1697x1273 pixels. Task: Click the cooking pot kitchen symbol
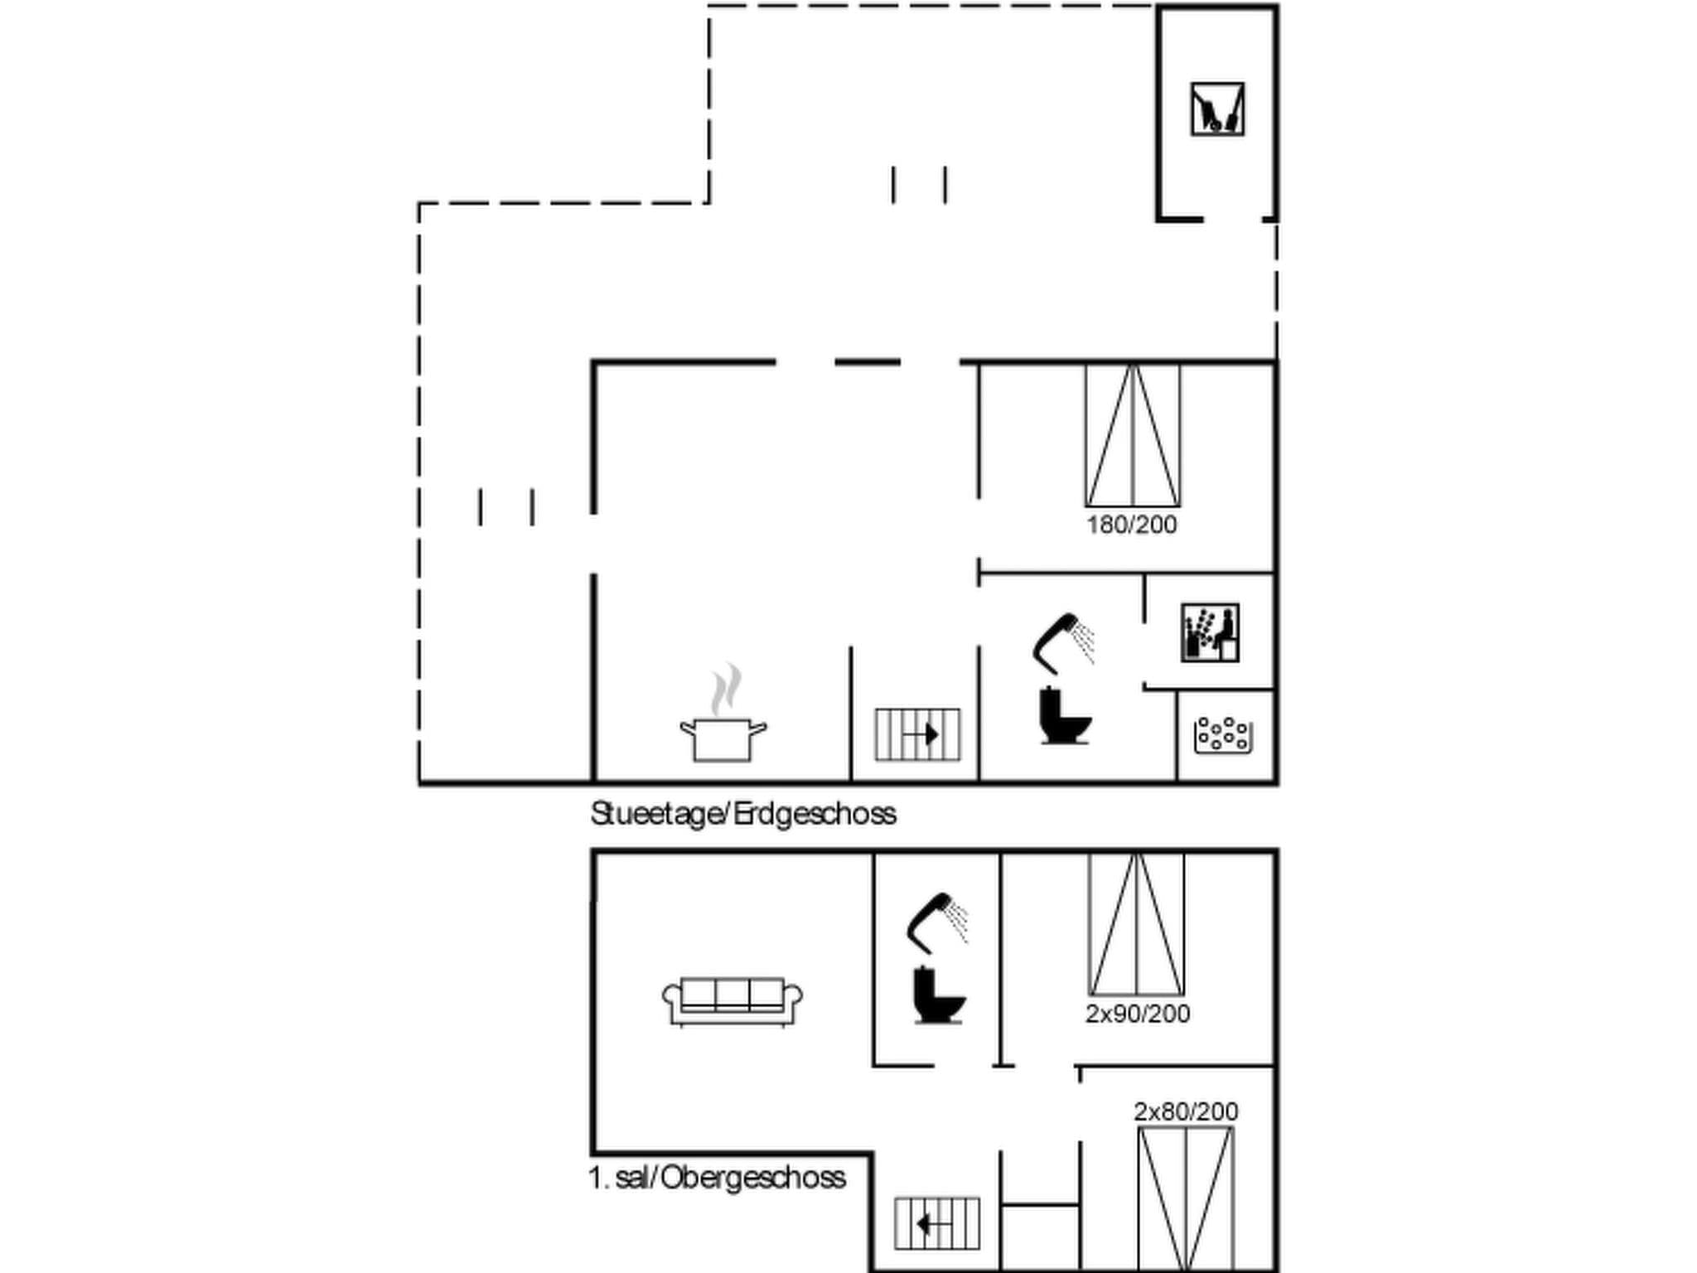[723, 738]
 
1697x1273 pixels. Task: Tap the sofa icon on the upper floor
[732, 1001]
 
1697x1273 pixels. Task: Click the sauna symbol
[1210, 632]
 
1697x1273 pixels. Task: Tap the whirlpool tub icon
[1222, 734]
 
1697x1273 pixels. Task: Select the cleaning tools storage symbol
[1217, 109]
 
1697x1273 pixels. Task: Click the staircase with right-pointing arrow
[917, 734]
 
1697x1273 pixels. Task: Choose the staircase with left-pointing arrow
[936, 1223]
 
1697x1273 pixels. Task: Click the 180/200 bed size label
[1132, 525]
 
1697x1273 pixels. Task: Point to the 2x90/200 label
[1138, 1014]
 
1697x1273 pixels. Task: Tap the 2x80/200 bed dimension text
[1186, 1111]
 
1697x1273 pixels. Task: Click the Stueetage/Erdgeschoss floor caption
[743, 814]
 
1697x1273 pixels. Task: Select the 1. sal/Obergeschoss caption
[717, 1177]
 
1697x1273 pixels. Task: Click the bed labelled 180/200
[1133, 435]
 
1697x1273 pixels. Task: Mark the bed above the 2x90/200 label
[1136, 923]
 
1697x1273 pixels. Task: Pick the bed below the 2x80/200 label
[1186, 1198]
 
